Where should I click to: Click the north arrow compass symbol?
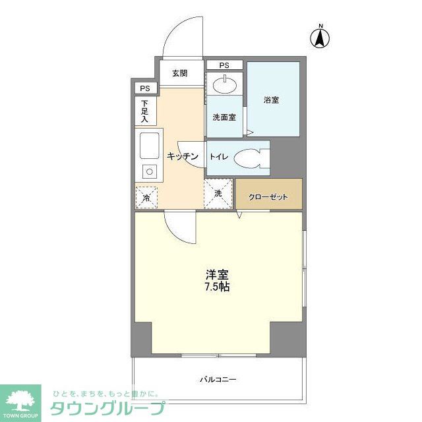click(320, 38)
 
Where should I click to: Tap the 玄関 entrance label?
click(180, 73)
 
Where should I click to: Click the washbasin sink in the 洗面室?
click(225, 84)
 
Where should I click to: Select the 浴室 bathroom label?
click(272, 100)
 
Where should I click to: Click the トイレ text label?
click(219, 157)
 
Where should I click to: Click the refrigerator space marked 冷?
click(146, 196)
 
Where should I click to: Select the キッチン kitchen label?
click(183, 156)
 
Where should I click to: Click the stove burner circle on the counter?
click(149, 172)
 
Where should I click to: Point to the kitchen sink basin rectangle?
click(148, 145)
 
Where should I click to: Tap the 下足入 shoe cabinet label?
click(145, 111)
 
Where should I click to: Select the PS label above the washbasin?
click(224, 65)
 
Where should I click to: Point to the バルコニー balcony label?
click(218, 380)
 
